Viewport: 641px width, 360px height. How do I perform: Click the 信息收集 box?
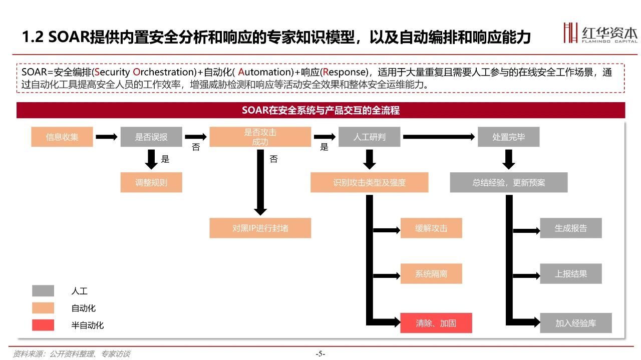coord(62,137)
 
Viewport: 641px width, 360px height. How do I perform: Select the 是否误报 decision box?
coord(151,137)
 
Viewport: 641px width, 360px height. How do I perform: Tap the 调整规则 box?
coord(151,182)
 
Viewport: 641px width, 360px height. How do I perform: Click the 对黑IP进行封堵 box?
coord(260,228)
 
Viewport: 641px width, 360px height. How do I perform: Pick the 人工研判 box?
coord(370,137)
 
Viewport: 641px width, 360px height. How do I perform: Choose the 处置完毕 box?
coord(508,137)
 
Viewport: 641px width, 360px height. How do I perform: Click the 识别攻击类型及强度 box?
coord(370,182)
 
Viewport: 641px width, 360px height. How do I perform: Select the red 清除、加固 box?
coord(436,323)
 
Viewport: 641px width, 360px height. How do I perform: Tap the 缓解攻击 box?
coord(431,228)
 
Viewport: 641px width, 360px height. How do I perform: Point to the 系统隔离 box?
coord(431,273)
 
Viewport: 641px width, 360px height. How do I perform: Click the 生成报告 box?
coord(571,228)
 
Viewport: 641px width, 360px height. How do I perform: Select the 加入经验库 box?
coord(576,323)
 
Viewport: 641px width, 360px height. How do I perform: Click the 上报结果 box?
coord(571,273)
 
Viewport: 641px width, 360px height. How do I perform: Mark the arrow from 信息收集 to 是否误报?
coord(107,137)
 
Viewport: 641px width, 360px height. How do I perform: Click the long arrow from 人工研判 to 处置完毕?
coord(439,137)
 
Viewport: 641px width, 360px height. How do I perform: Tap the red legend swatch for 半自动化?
coord(43,325)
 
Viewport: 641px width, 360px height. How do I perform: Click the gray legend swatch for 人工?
coord(43,291)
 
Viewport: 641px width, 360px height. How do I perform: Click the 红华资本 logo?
coord(600,33)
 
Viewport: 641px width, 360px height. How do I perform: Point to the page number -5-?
coord(320,353)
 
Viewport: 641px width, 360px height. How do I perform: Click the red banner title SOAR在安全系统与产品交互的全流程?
coord(321,110)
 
